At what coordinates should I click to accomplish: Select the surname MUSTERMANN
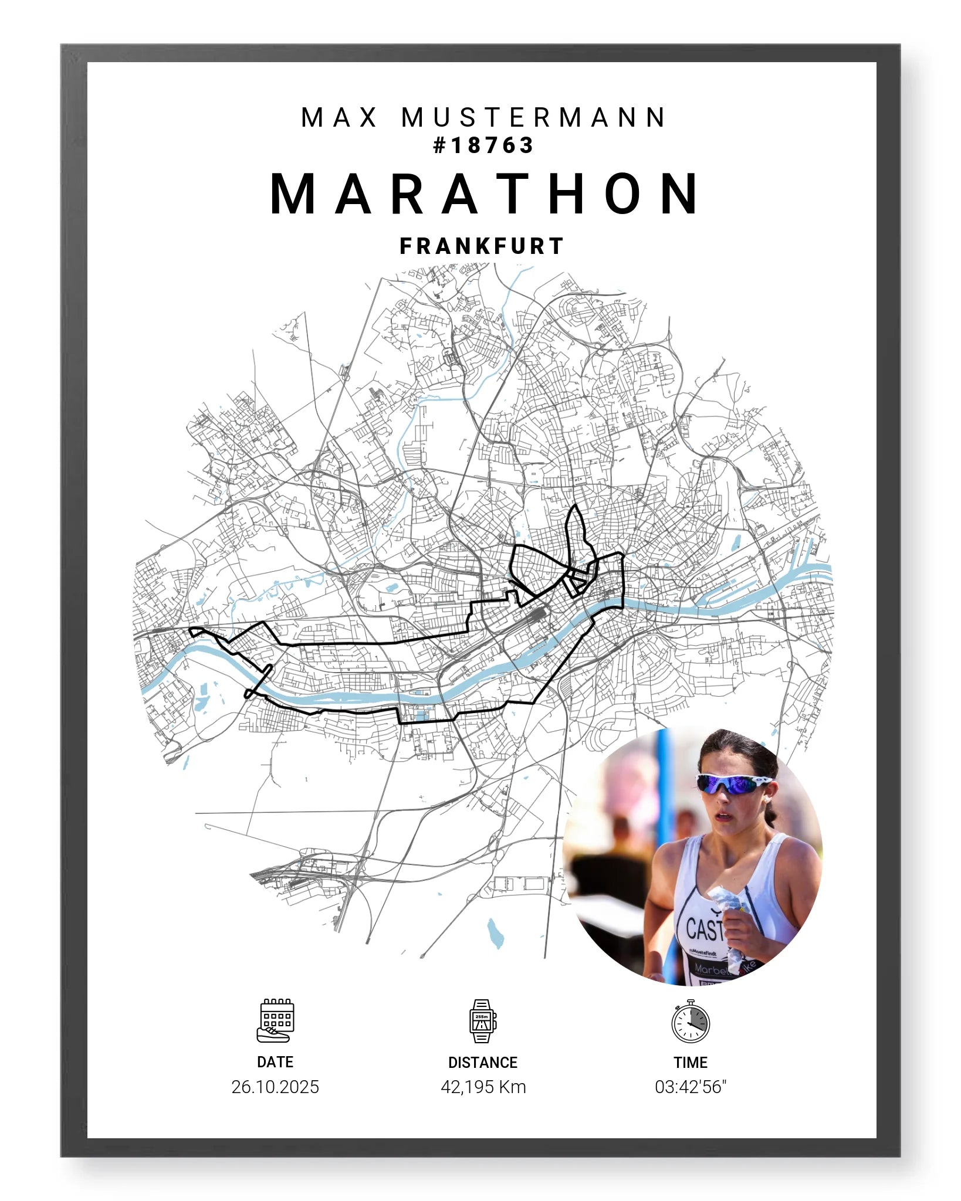tap(534, 117)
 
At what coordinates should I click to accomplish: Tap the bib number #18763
tap(483, 145)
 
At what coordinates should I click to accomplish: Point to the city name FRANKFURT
tap(482, 246)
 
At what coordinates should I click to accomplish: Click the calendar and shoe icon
tap(276, 1021)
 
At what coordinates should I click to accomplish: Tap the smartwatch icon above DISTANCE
tap(483, 1021)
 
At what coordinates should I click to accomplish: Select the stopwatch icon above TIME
tap(691, 1022)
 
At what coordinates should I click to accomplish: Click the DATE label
tap(275, 1062)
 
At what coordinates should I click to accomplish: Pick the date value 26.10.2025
tap(275, 1087)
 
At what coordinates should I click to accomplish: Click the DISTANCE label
tap(483, 1063)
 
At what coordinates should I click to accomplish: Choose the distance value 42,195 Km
tap(483, 1087)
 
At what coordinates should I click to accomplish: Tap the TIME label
tap(691, 1063)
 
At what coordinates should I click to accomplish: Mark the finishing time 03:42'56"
tap(691, 1087)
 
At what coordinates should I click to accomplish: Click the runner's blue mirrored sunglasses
tap(733, 784)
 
